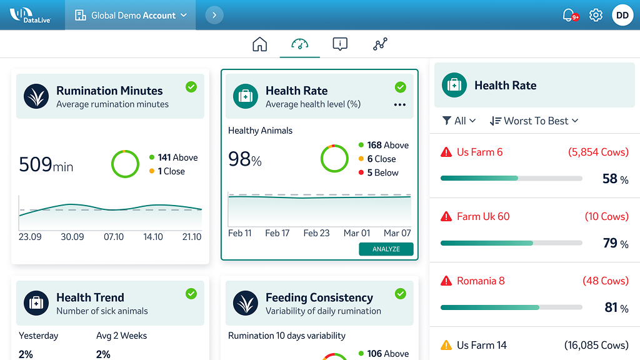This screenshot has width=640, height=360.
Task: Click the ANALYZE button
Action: click(386, 249)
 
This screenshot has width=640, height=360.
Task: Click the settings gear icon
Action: click(596, 15)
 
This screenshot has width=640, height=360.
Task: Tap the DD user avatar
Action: click(622, 15)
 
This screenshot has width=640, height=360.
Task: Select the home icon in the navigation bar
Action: click(259, 44)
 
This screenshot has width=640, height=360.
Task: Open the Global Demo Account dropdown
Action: click(131, 15)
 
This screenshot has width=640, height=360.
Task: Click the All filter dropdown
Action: click(459, 121)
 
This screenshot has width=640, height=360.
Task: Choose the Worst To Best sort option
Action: click(534, 121)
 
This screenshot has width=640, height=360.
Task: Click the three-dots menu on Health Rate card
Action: click(400, 105)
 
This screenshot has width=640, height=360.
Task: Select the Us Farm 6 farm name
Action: click(479, 152)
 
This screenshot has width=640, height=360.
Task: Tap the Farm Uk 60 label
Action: click(482, 216)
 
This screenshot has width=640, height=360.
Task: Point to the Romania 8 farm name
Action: click(480, 281)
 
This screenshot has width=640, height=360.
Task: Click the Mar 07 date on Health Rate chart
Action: click(397, 233)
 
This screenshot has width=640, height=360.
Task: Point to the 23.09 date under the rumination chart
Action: click(30, 237)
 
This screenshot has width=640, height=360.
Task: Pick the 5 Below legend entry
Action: click(382, 172)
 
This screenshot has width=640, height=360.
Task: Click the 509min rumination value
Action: click(46, 164)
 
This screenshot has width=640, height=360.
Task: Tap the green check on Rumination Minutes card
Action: click(191, 87)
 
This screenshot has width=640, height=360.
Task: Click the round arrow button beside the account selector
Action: click(214, 15)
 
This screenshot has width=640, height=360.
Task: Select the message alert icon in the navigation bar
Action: click(340, 44)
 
